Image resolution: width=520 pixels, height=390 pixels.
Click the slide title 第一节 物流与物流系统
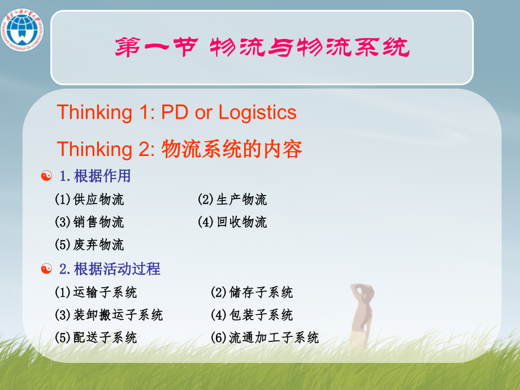point(262,48)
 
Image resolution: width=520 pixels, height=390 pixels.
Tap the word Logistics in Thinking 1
point(257,112)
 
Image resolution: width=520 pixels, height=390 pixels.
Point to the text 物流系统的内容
point(232,149)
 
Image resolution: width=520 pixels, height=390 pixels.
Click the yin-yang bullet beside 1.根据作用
point(47,176)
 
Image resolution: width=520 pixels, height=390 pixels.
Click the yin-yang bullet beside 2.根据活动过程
point(47,269)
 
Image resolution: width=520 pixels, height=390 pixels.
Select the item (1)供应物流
point(89,200)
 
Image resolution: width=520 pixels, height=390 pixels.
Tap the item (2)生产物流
point(232,200)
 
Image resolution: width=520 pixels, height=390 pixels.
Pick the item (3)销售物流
point(89,222)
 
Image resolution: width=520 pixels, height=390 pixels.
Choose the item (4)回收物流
point(232,222)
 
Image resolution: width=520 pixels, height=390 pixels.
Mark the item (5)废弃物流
point(89,245)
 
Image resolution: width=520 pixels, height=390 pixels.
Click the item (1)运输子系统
point(96,293)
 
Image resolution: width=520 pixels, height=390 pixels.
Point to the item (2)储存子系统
point(252,293)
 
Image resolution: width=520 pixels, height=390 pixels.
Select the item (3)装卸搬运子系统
point(109,315)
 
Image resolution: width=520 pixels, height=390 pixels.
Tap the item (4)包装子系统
point(252,315)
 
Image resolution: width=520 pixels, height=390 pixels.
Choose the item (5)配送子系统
point(96,338)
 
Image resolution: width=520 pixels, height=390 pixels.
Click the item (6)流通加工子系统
point(265,338)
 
